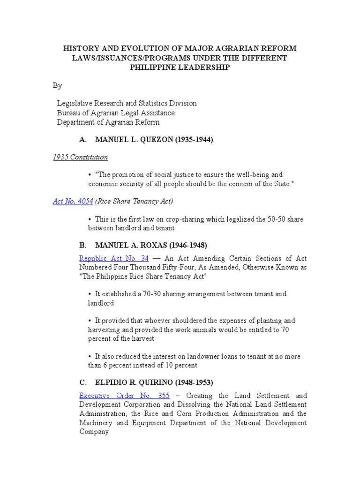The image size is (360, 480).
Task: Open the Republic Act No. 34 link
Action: (114, 258)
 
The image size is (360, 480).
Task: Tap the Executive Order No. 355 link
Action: (124, 396)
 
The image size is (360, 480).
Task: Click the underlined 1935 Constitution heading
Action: (80, 157)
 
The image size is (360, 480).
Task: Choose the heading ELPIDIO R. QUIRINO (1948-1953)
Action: (154, 382)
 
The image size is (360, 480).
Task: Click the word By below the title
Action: (57, 85)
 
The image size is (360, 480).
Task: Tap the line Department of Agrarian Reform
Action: (108, 122)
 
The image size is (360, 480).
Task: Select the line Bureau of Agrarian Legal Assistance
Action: (115, 112)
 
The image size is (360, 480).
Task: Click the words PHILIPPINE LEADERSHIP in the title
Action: (180, 67)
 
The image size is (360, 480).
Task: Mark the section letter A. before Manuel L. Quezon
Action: (83, 140)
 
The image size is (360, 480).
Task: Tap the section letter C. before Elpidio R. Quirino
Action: (83, 382)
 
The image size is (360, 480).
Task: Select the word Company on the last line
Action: (94, 431)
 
